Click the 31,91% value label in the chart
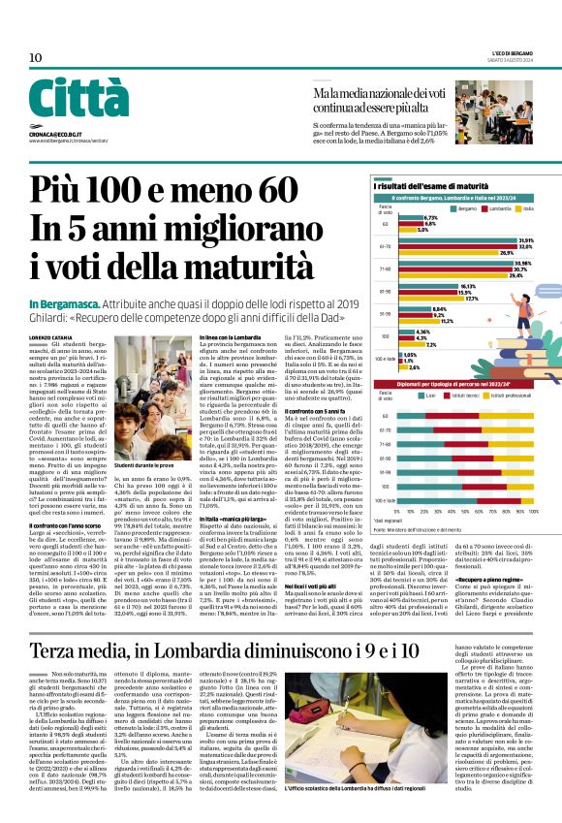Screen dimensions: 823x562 (x=527, y=239)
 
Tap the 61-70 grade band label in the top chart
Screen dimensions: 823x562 (x=385, y=246)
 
